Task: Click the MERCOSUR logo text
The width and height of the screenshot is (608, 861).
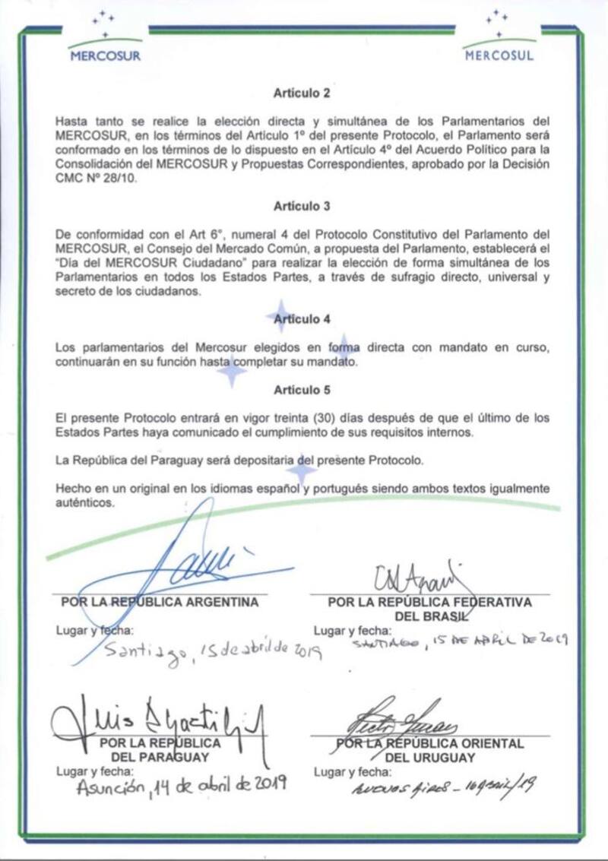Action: pyautogui.click(x=105, y=55)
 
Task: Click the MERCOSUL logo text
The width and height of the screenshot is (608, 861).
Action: pyautogui.click(x=499, y=55)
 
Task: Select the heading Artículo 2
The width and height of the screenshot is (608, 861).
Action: pyautogui.click(x=302, y=93)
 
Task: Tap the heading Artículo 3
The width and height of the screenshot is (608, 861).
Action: pyautogui.click(x=302, y=205)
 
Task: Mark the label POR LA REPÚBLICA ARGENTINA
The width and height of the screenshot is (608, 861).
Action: pyautogui.click(x=160, y=602)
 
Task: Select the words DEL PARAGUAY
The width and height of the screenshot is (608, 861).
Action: pyautogui.click(x=160, y=757)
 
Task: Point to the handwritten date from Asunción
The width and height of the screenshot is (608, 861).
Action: pyautogui.click(x=181, y=787)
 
